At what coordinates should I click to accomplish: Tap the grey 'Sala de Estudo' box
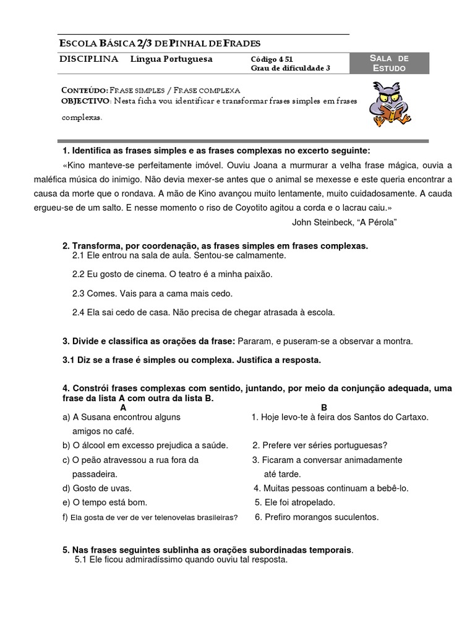(389, 63)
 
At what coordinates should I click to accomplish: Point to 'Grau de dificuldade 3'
(290, 68)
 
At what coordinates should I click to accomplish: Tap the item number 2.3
(78, 294)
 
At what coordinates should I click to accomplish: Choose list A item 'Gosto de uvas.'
(102, 488)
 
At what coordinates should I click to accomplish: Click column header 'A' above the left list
(123, 408)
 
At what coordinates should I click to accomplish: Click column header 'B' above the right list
(324, 408)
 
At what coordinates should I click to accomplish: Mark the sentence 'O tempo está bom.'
(109, 503)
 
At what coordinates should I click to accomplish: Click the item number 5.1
(80, 560)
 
